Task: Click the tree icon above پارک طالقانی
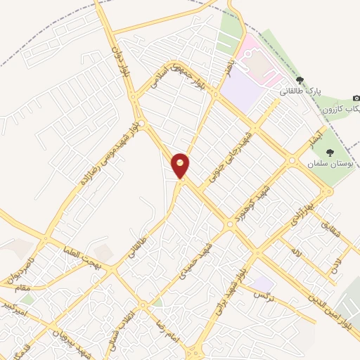pyautogui.click(x=300, y=80)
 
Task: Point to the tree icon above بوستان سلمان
pyautogui.click(x=330, y=152)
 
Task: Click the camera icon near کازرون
pyautogui.click(x=356, y=98)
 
